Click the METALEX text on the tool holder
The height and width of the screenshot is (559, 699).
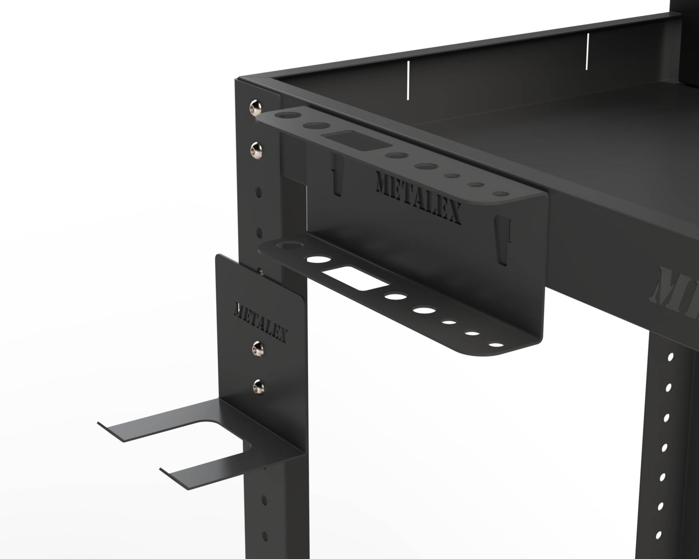419,198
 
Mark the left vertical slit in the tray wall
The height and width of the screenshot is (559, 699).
408,80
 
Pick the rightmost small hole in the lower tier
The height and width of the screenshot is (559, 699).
495,344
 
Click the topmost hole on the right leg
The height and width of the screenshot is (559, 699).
671,356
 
